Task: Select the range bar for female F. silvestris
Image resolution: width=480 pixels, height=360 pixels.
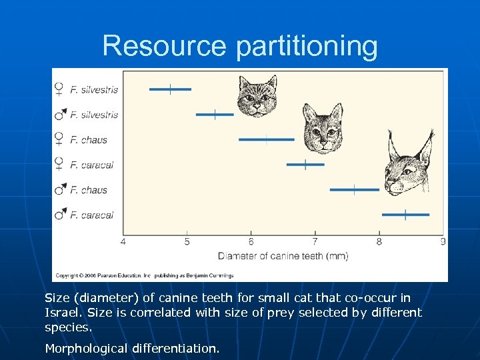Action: click(x=170, y=89)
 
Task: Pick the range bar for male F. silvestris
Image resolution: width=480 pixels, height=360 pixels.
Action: click(x=215, y=115)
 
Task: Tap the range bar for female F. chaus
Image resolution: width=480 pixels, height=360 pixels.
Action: click(x=266, y=140)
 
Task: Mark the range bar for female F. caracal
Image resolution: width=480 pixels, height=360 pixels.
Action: click(x=305, y=164)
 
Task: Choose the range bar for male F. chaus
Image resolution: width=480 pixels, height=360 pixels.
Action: click(x=354, y=190)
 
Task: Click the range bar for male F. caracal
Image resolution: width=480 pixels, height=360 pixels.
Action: click(x=405, y=215)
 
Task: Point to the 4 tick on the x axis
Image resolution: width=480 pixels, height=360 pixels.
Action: click(x=123, y=241)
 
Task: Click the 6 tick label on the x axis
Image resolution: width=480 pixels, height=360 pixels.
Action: click(x=251, y=241)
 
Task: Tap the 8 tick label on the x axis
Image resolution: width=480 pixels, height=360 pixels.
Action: click(x=379, y=241)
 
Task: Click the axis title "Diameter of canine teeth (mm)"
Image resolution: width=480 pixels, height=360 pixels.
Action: click(x=283, y=256)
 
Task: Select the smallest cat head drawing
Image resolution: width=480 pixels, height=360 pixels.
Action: click(x=257, y=97)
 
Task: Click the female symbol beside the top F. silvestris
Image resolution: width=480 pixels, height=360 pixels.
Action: click(x=59, y=89)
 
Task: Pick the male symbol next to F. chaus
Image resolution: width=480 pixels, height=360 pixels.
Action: click(x=60, y=190)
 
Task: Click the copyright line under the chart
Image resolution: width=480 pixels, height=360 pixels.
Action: click(x=143, y=275)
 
